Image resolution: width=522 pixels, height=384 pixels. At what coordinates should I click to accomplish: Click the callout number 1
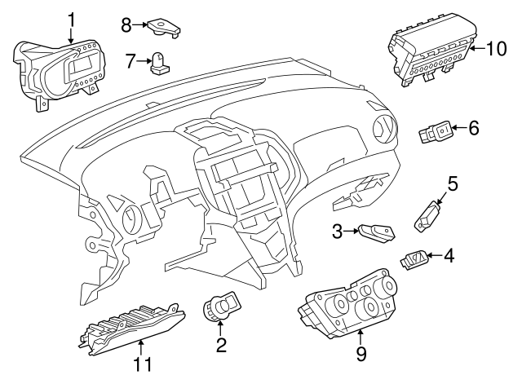coord(71,20)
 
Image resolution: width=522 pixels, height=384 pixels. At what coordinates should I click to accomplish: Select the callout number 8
coord(126,25)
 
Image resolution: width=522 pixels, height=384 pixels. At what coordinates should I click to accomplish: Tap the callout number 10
coord(497,49)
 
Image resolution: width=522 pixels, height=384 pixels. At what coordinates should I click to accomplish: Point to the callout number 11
coord(144,364)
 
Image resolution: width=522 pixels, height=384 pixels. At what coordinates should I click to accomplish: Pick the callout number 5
coord(452,183)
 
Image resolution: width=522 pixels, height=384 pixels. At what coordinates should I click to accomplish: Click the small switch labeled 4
coord(414,259)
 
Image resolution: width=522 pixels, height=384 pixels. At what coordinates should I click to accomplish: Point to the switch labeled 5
coord(428,216)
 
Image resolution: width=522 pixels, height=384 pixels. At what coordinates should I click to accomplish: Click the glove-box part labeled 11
coord(132,329)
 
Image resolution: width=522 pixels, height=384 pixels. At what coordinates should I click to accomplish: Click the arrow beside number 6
coord(458,127)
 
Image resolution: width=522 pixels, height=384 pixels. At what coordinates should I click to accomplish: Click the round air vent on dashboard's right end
coord(385,130)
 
